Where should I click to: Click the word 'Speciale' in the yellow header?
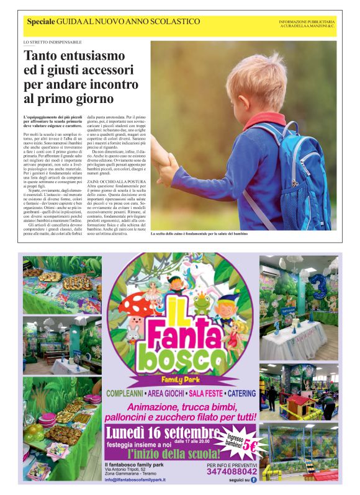point(40,22)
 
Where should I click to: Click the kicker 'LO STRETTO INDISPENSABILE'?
point(52,42)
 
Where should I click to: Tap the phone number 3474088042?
point(232,471)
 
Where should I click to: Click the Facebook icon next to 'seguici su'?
point(253,480)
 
